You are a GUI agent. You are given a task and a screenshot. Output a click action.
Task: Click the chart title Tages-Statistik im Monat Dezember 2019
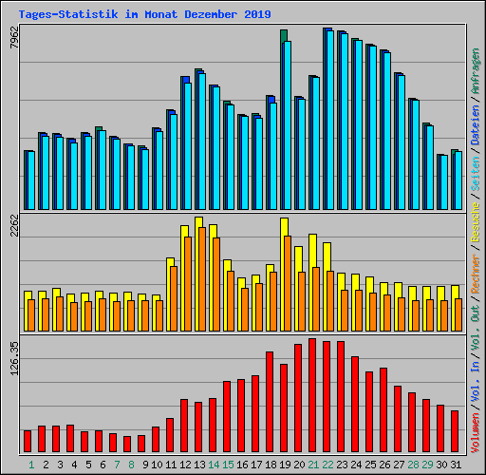[x=144, y=14]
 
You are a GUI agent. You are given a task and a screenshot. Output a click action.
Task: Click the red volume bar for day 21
[x=312, y=395]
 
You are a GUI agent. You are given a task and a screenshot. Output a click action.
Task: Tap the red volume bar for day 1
[x=28, y=441]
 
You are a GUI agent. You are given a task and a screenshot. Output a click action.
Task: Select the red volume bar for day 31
[x=455, y=431]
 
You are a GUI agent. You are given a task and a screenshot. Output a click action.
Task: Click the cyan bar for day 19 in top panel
[x=286, y=123]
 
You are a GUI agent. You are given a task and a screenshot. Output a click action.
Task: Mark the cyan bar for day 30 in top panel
[x=443, y=182]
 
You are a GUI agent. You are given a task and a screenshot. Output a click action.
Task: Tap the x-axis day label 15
[x=227, y=465]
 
